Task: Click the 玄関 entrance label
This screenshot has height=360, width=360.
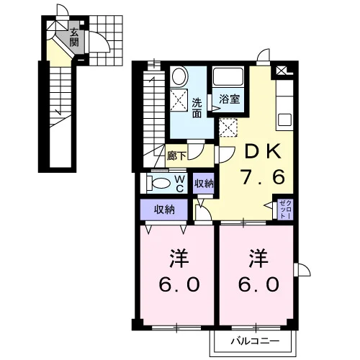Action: click(74, 37)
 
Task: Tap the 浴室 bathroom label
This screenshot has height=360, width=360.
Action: click(230, 99)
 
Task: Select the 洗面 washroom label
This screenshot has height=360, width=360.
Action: click(197, 108)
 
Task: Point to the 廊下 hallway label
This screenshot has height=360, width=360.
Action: click(176, 156)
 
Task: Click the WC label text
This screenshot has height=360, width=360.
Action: click(180, 184)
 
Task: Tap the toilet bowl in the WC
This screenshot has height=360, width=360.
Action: click(161, 184)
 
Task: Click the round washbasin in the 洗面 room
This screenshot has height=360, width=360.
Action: click(179, 76)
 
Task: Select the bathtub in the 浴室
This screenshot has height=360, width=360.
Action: click(228, 76)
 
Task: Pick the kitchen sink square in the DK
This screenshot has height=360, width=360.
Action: click(284, 120)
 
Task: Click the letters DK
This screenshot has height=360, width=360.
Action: click(262, 151)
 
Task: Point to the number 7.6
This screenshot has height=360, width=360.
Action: click(264, 177)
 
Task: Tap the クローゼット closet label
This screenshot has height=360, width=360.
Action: click(286, 210)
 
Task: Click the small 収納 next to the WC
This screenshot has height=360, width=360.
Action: click(204, 184)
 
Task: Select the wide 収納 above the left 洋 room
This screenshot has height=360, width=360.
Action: click(164, 210)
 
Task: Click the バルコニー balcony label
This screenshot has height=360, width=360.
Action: click(255, 341)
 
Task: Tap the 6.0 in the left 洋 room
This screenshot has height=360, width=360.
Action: click(179, 284)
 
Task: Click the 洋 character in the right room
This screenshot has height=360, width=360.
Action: click(258, 258)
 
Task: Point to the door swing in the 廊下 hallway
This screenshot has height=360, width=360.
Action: click(196, 152)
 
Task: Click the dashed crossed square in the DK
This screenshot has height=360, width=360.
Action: click(228, 127)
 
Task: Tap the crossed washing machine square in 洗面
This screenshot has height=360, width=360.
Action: click(179, 100)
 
